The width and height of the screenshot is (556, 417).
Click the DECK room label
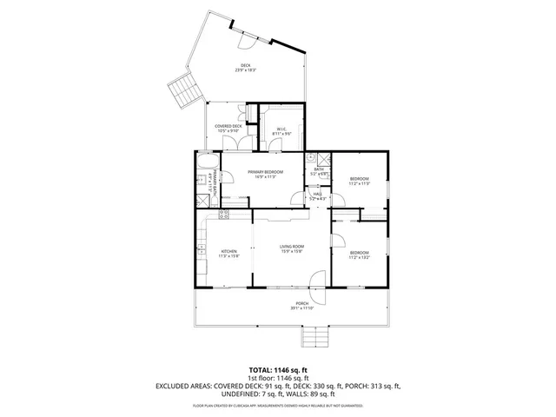248,66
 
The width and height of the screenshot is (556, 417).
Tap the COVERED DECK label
228,126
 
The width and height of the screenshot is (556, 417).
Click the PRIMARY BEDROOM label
265,172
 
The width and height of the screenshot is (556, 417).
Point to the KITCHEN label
228,251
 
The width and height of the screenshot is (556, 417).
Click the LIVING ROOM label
291,248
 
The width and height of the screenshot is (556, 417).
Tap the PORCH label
301,304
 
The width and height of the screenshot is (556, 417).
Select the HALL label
317,194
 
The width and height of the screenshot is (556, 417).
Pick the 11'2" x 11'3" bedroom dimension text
359,183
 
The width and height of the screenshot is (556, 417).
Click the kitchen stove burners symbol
223,214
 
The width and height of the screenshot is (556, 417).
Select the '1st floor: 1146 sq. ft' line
277,377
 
